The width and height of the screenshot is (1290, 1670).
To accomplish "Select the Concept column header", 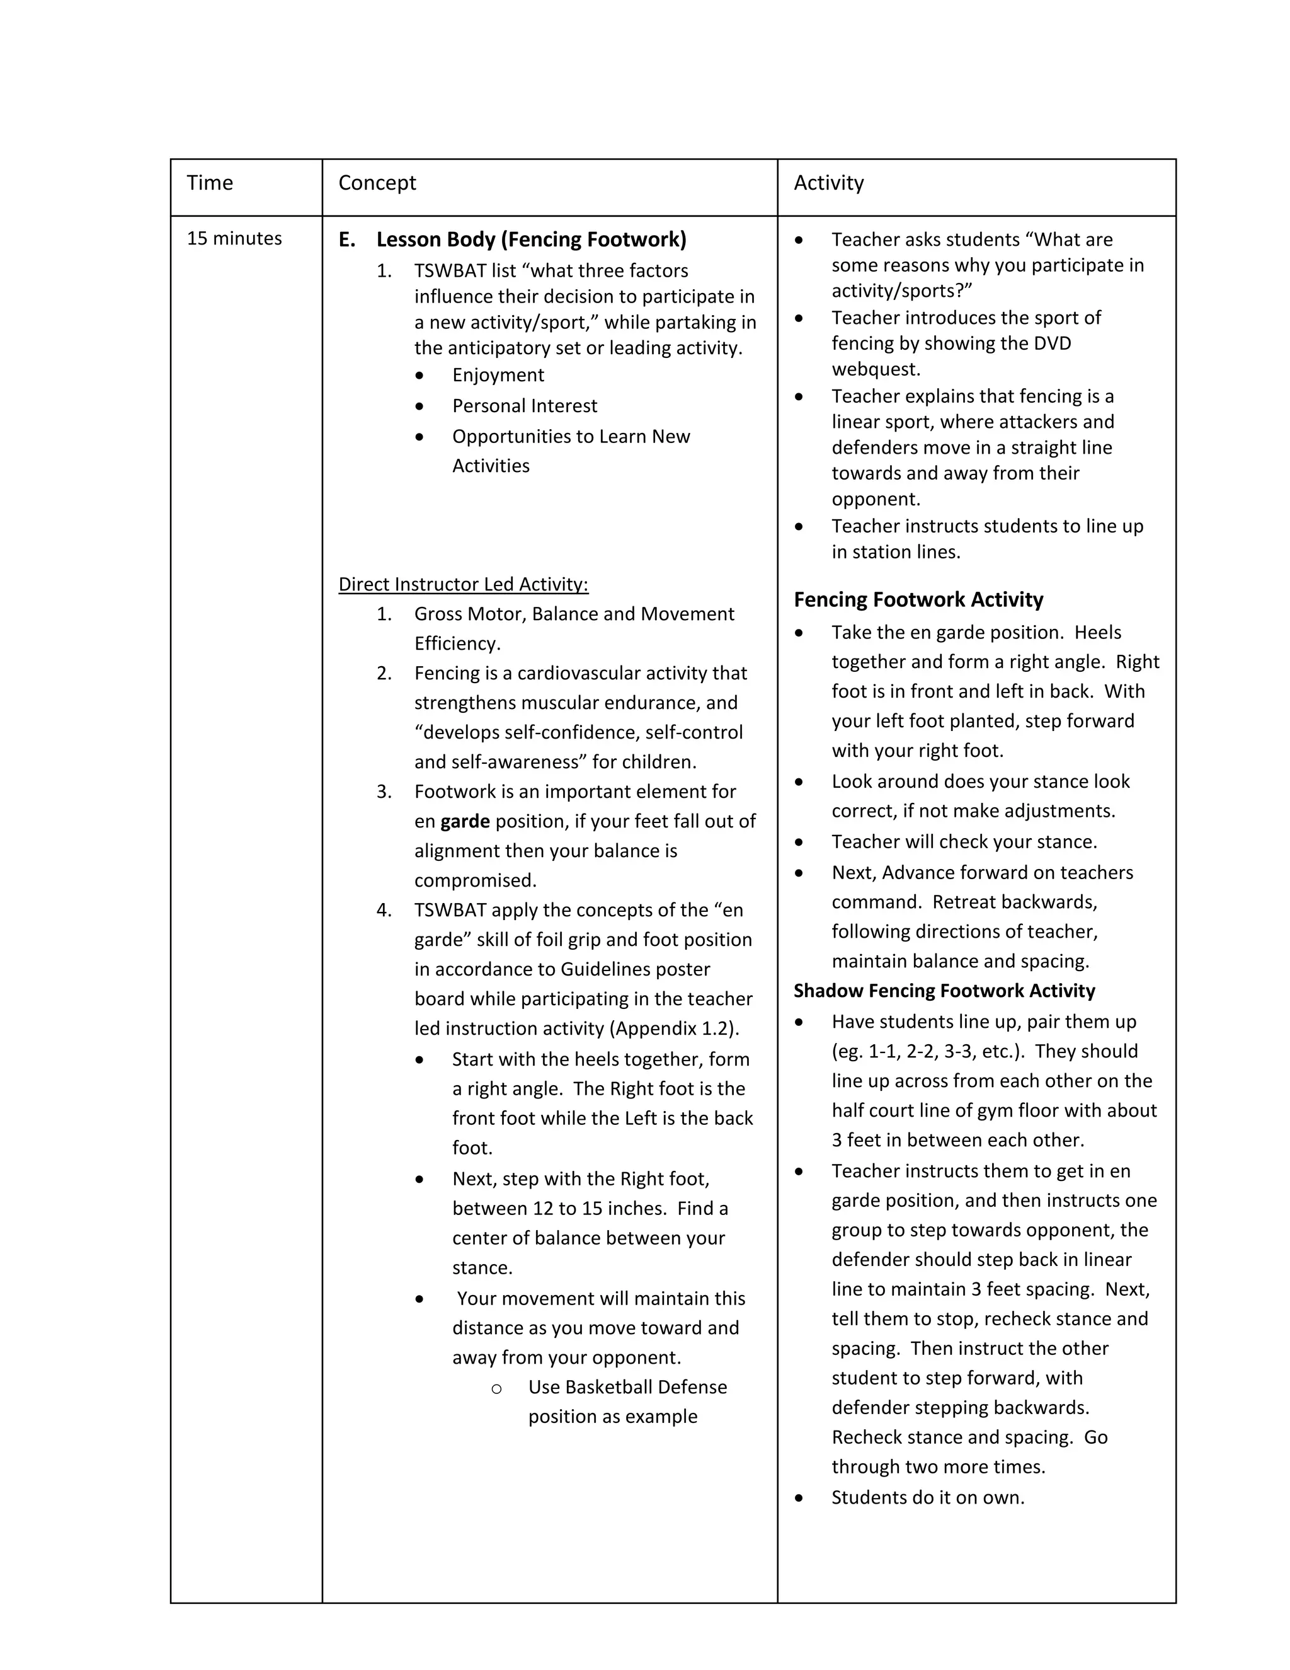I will (x=377, y=183).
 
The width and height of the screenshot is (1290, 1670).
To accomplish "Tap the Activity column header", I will (x=828, y=183).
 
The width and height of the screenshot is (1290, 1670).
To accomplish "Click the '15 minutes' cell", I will (x=234, y=239).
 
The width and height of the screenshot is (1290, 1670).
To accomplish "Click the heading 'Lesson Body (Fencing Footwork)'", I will (x=531, y=239).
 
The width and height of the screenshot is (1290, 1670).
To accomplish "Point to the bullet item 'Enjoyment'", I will (x=498, y=375).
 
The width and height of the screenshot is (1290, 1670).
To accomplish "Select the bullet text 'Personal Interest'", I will (x=524, y=405).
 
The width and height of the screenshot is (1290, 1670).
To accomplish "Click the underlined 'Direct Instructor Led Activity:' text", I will (x=463, y=584).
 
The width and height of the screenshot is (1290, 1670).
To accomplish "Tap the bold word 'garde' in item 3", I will (x=465, y=821).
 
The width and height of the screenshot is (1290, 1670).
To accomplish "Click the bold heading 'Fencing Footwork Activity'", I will (x=918, y=599).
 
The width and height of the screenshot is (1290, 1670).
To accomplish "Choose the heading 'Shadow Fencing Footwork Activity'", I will (x=944, y=991).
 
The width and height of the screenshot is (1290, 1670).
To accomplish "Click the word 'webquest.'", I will (x=876, y=369).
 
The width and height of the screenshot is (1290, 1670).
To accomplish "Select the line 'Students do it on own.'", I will (x=927, y=1497).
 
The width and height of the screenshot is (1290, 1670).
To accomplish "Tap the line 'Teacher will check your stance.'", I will (x=964, y=842).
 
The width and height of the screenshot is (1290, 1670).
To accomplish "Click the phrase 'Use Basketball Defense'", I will (x=627, y=1387).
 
